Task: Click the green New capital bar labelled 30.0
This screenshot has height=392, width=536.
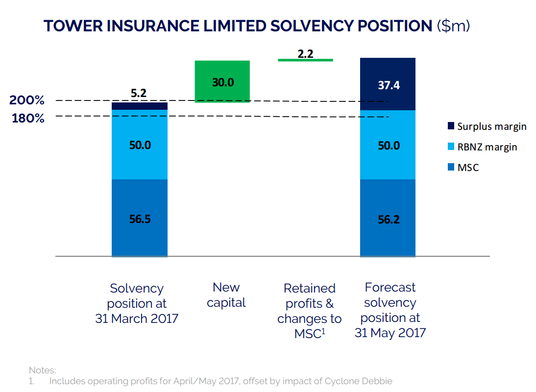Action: point(222,81)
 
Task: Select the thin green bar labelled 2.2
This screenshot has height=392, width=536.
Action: point(305,60)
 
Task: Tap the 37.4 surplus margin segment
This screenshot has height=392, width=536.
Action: point(388,84)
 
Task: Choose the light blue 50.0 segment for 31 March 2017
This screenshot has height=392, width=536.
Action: point(140,145)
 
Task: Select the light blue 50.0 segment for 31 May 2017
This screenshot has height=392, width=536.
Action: point(388,145)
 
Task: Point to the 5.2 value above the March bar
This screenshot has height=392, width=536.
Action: point(139,93)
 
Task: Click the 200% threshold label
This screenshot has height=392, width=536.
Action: point(27,101)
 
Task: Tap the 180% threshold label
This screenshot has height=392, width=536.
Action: point(28,118)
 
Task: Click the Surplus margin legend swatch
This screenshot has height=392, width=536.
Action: point(451,126)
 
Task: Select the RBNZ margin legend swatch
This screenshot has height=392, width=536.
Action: point(451,147)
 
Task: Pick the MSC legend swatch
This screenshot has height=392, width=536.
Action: point(451,168)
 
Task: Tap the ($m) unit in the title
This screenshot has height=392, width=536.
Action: point(453,26)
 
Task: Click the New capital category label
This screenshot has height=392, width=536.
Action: point(226,295)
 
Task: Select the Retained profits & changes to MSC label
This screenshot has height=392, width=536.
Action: point(309,311)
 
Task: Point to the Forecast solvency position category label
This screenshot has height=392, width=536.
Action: point(390,310)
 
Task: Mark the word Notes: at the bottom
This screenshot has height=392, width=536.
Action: point(43,370)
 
